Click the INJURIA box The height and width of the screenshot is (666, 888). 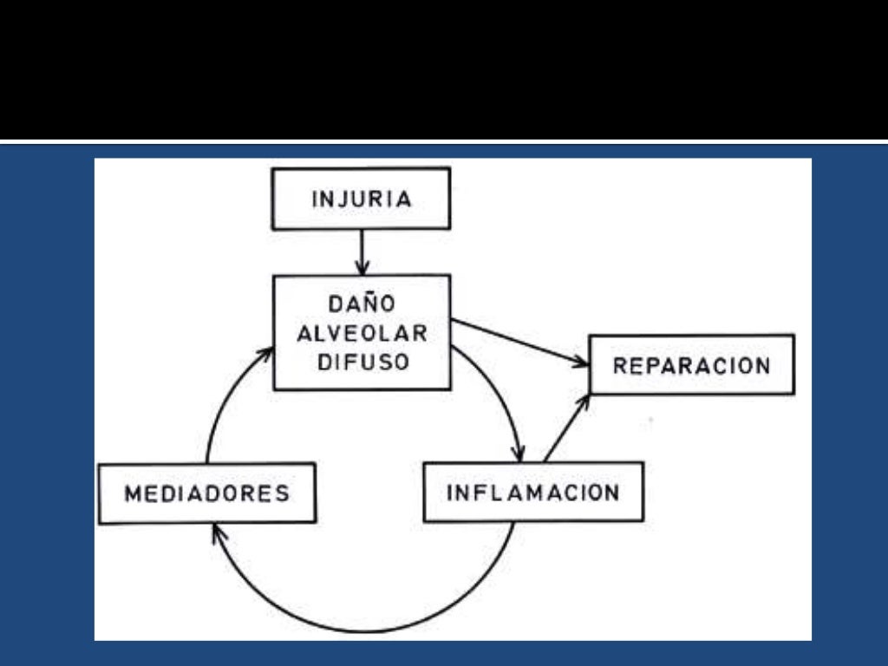coord(361,199)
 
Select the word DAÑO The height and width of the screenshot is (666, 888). coord(362,304)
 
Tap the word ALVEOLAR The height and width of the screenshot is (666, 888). coord(362,333)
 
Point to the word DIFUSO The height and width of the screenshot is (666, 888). coord(362,362)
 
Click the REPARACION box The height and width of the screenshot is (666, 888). coord(691,365)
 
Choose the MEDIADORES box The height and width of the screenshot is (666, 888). coord(206,493)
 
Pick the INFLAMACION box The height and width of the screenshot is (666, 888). coord(532,493)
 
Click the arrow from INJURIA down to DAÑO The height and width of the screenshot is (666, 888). coord(362,252)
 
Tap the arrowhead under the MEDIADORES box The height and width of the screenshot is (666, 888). coord(217,532)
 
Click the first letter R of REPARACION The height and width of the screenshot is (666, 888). coord(619,365)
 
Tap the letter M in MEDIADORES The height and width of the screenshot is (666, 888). coord(133,493)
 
